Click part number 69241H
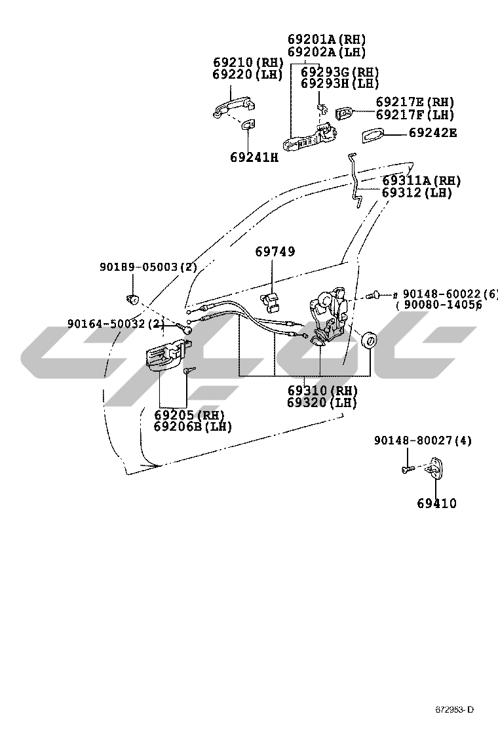coord(254,157)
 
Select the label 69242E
coord(432,133)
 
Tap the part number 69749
coord(275,252)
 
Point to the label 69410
coord(436,503)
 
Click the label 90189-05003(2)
coord(148,267)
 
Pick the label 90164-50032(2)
coord(115,323)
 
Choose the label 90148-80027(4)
coord(423,441)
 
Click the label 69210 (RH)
coord(248,63)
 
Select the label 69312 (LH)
coord(417,193)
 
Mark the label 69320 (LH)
coord(322,403)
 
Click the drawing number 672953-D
coord(454,710)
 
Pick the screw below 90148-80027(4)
coord(406,469)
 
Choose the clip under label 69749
coord(271,301)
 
